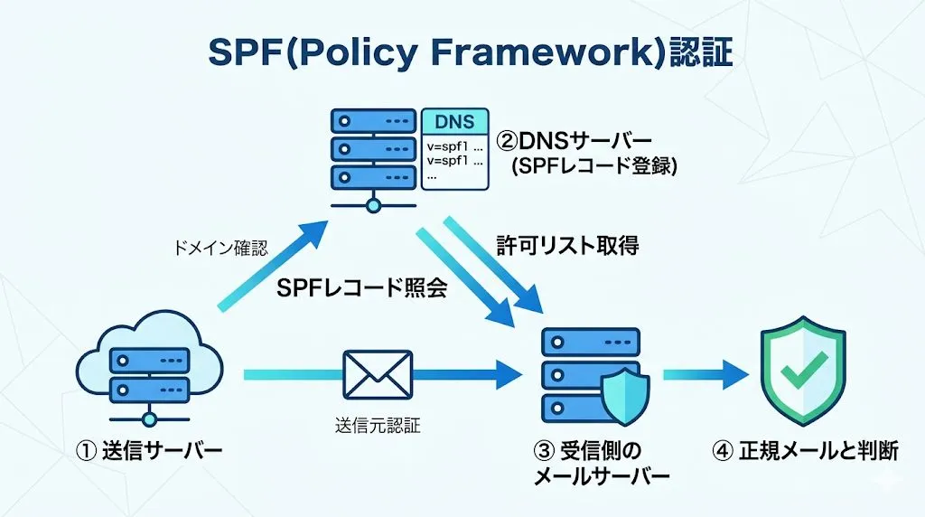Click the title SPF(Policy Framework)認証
(470, 53)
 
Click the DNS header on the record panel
(454, 122)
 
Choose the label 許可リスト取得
(567, 245)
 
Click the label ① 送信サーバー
(150, 450)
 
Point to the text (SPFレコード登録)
(593, 167)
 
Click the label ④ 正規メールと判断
(805, 450)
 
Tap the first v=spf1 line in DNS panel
(453, 145)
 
